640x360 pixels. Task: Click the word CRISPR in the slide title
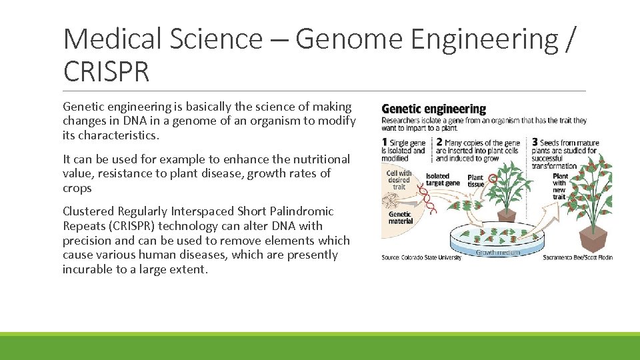coord(106,71)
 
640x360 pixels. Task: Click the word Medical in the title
coord(112,39)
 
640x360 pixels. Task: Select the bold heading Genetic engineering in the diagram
coord(433,109)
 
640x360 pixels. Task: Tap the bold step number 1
coord(385,142)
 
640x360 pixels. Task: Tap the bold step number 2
coord(439,142)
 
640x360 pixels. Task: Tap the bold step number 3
coord(535,142)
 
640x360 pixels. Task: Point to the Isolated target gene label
coord(443,179)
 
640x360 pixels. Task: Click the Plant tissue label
coord(475,181)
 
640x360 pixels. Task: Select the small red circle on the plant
coord(493,178)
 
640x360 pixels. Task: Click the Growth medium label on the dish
coord(497,253)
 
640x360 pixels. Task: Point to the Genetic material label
coord(401,217)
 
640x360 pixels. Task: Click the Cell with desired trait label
coord(399,179)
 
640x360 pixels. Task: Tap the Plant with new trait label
coord(559,186)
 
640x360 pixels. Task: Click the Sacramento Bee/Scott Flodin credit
coord(577,257)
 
